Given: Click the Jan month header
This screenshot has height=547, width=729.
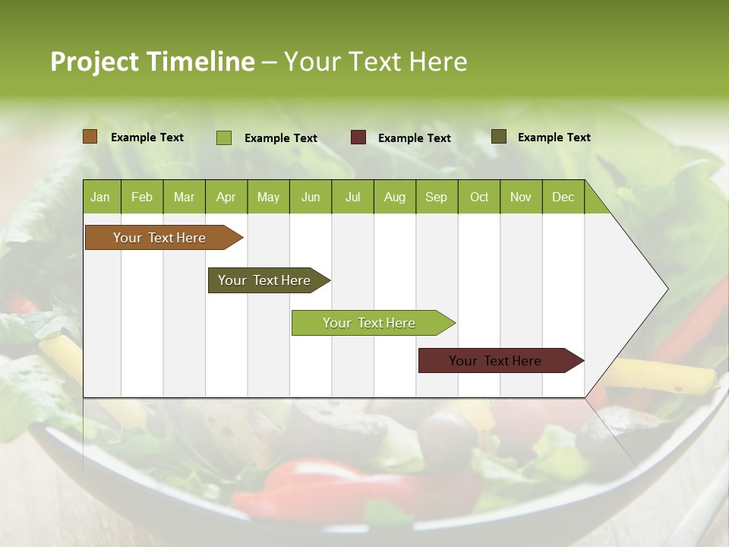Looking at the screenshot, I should [100, 197].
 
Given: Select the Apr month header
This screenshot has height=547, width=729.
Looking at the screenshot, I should [226, 197].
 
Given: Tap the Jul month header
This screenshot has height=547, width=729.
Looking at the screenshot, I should [352, 197].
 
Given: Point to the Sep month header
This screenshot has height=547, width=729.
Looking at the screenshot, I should [436, 197].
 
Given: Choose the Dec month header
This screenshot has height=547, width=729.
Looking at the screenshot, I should [563, 197].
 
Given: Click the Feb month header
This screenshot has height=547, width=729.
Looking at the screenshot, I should [142, 197].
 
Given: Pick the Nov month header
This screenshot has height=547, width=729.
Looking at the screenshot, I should [521, 197].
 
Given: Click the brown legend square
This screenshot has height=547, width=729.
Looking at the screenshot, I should [90, 137].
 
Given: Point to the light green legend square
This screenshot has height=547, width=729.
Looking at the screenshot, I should [224, 138].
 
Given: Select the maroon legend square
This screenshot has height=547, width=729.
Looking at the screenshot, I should [358, 138].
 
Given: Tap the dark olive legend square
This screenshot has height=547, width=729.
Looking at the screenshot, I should [499, 137].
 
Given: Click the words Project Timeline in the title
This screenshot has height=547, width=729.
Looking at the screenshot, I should [152, 62].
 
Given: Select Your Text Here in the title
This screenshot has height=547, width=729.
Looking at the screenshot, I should [375, 62].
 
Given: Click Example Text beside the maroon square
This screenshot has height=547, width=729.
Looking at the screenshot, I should [414, 138].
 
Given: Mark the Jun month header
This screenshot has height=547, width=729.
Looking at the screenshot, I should [311, 197].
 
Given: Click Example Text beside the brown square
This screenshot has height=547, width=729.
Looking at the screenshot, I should [147, 138].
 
